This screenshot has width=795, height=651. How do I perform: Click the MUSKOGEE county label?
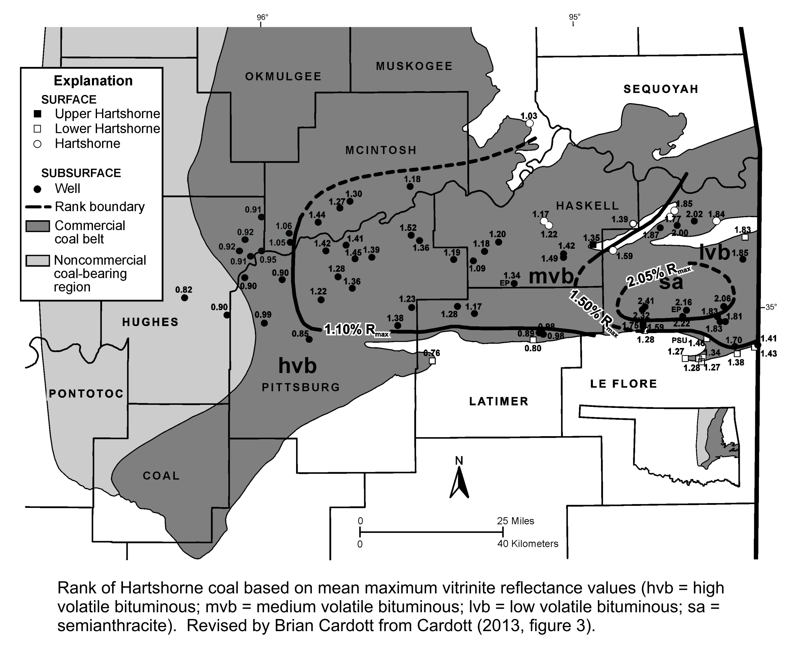(414, 66)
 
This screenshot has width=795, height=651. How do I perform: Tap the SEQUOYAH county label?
(661, 89)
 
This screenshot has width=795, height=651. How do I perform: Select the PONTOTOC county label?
(86, 393)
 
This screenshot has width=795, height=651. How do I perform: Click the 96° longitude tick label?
(262, 17)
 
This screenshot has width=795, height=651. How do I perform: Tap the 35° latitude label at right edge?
(771, 307)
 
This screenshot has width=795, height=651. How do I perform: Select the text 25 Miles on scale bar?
(515, 521)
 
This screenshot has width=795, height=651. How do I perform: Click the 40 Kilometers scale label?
(528, 544)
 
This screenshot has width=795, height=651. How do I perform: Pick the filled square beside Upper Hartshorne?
(37, 113)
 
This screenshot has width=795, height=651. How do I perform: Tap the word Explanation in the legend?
(93, 80)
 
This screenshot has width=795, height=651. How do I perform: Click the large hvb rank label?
(297, 365)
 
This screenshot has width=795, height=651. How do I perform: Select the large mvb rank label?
(551, 276)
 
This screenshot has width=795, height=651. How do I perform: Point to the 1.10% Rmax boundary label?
(356, 330)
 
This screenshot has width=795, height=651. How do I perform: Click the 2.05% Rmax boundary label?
(658, 275)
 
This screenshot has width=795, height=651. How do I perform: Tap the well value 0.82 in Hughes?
(183, 290)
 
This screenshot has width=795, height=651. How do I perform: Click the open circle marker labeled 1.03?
(530, 123)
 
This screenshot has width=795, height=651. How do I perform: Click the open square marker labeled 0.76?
(432, 361)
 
